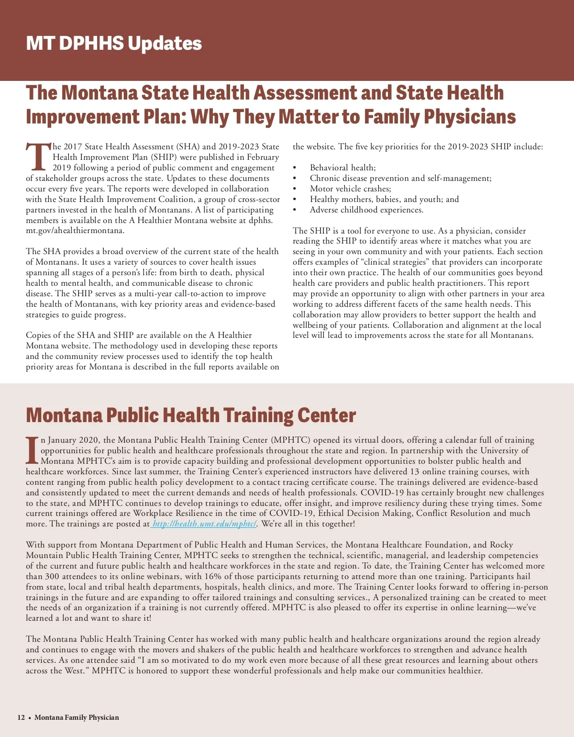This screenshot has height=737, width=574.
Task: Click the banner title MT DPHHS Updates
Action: point(114,43)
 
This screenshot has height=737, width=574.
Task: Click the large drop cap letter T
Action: point(38,156)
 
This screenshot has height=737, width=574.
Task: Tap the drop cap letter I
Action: point(32,450)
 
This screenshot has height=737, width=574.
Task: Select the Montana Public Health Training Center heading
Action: point(191,415)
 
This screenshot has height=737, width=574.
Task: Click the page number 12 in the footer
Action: point(21,717)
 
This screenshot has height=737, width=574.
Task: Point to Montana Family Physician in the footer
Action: point(77,717)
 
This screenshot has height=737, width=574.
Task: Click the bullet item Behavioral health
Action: point(342,167)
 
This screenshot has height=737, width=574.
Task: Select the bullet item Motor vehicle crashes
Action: point(350,189)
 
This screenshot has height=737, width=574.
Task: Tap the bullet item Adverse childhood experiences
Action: point(366,210)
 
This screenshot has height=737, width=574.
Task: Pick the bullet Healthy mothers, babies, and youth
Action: point(384,199)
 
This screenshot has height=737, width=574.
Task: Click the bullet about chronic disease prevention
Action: point(400,178)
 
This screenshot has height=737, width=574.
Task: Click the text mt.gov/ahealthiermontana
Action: point(75,231)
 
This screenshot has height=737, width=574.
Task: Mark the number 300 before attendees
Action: point(52,576)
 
